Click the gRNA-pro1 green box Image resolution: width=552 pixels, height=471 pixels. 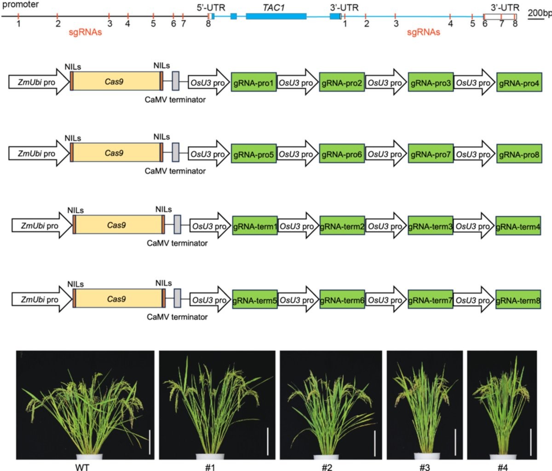(x=253, y=82)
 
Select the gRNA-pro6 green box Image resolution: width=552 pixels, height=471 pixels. (x=342, y=153)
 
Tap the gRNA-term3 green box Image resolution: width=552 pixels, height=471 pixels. (x=430, y=226)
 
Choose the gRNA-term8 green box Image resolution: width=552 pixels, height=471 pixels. (x=518, y=300)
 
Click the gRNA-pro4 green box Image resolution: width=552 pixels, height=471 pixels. (x=519, y=82)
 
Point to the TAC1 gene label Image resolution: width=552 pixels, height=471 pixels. (x=273, y=8)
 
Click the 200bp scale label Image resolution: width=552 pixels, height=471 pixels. (x=539, y=13)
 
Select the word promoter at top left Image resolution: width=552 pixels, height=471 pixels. (x=20, y=5)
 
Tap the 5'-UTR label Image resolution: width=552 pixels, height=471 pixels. (x=211, y=8)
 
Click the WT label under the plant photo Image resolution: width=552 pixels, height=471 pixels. (x=82, y=467)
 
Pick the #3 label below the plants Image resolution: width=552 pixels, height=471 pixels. (x=425, y=467)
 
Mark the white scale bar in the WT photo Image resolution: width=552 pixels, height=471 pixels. (x=149, y=442)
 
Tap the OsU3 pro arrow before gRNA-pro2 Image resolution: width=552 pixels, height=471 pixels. (x=298, y=82)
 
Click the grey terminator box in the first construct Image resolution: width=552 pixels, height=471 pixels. (x=175, y=81)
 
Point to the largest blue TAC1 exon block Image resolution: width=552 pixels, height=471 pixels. (x=276, y=16)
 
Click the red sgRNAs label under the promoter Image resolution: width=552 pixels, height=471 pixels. (x=85, y=32)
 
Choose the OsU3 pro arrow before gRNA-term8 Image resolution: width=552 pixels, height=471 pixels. (x=474, y=300)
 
